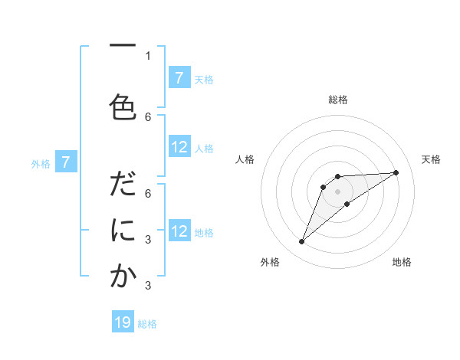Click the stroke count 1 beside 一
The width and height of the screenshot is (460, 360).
[x=148, y=55]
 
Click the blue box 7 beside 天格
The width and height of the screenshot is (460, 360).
[x=179, y=78]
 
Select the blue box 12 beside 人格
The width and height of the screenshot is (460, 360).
[x=179, y=147]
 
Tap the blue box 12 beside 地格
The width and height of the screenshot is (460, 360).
[x=179, y=231]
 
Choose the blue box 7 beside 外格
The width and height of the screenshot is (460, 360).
[x=66, y=162]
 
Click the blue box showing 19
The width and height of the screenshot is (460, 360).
[x=123, y=322]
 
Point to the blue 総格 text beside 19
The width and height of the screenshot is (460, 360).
[x=147, y=324]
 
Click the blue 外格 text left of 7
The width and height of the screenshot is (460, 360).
[x=41, y=163]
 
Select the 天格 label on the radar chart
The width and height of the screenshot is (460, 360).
[x=431, y=159]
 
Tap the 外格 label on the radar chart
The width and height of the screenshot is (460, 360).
[x=270, y=262]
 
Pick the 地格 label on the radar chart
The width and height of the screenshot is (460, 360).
[x=402, y=262]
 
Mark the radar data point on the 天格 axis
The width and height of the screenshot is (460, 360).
[x=396, y=172]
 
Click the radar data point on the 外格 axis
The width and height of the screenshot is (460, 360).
[x=301, y=242]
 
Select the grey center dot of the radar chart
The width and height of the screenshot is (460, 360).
[x=337, y=191]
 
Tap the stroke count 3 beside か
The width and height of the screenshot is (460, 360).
[x=148, y=285]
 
